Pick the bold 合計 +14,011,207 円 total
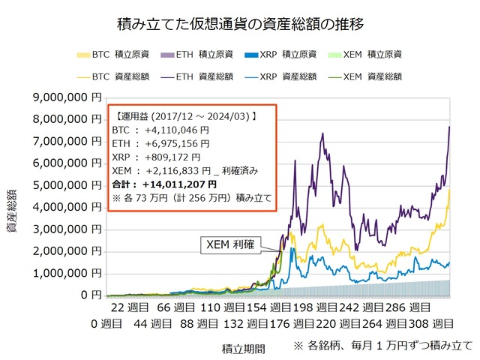(164, 184)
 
